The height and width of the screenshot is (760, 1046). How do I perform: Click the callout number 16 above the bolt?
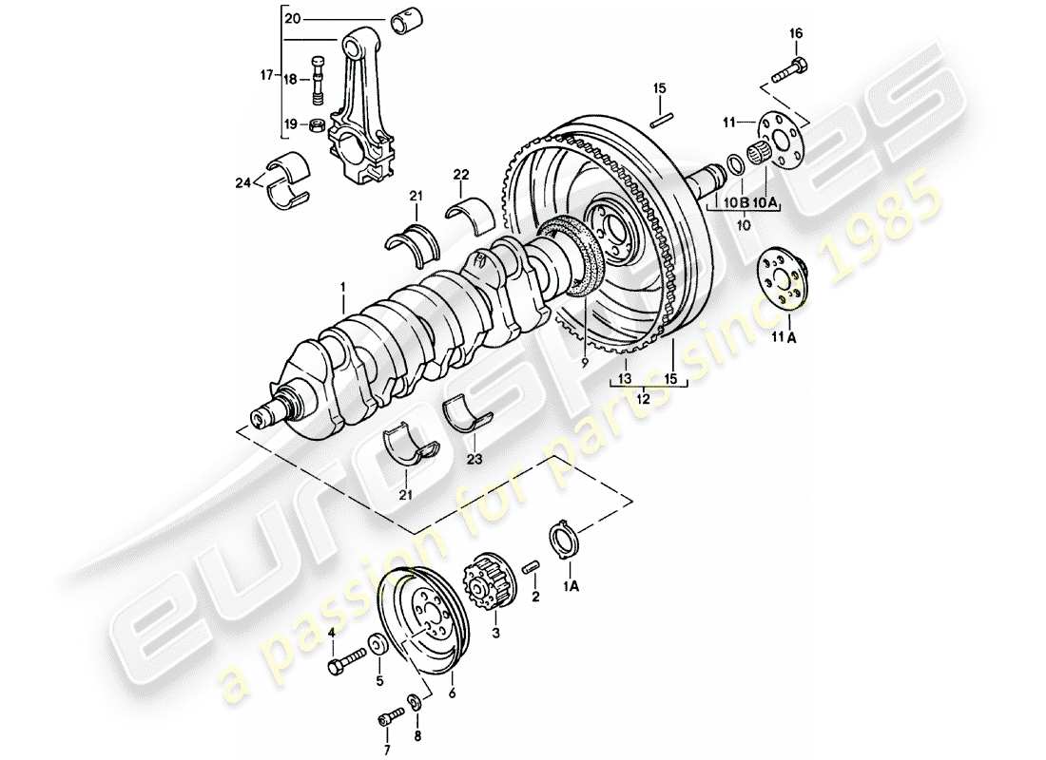click(796, 33)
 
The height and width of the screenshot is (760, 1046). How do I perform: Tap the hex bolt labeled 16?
click(794, 67)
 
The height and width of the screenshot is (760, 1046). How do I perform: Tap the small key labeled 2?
click(533, 568)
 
